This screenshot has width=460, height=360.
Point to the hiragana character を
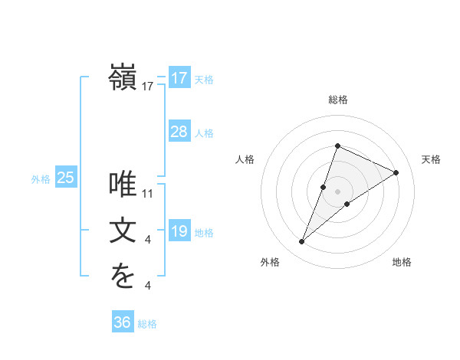tap(123, 277)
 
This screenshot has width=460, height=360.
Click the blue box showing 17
tap(179, 78)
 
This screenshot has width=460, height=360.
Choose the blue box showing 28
tap(179, 132)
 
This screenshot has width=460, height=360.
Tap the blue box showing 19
tap(179, 231)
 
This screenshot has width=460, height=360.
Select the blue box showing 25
tap(65, 178)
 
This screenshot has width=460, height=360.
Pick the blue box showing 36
tap(122, 322)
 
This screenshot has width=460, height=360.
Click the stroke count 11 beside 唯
tap(148, 193)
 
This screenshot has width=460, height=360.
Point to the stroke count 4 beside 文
tap(148, 240)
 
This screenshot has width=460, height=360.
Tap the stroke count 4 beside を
tap(148, 286)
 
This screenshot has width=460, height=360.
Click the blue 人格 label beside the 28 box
tap(204, 133)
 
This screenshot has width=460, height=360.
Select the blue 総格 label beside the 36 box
tap(147, 324)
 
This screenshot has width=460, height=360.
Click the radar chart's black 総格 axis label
tap(337, 100)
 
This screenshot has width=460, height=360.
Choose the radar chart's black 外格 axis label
tap(270, 262)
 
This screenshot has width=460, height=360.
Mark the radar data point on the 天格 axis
tap(396, 172)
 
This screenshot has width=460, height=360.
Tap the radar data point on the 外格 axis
tap(302, 242)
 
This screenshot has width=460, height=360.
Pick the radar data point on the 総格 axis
tap(337, 146)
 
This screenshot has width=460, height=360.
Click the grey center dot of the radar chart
tap(337, 191)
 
